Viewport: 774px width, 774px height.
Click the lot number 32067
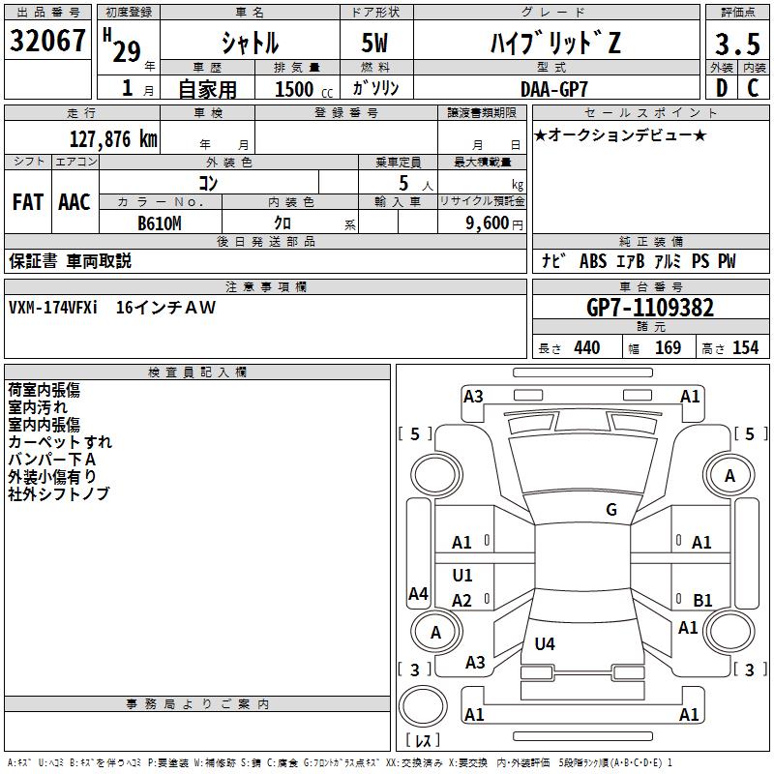click(x=47, y=42)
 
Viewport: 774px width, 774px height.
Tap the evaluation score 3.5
click(x=736, y=45)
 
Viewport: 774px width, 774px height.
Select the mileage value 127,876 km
click(x=114, y=138)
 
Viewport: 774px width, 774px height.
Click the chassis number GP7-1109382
click(x=650, y=308)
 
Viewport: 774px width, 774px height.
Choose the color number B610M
click(x=160, y=223)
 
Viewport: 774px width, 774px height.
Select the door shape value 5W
click(x=374, y=45)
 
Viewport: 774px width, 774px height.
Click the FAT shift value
click(x=27, y=202)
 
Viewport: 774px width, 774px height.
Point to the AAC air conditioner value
click(x=74, y=202)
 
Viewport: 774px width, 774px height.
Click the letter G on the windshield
click(x=610, y=510)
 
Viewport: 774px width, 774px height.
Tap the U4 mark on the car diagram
click(x=545, y=643)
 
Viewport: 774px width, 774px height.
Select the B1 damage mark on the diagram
click(x=702, y=600)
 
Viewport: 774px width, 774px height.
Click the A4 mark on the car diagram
click(x=418, y=594)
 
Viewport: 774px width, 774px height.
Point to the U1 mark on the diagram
click(x=462, y=576)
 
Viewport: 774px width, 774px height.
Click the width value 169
click(x=669, y=347)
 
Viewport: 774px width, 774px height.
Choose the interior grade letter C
click(x=752, y=88)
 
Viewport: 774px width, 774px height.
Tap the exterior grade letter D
click(x=721, y=88)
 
